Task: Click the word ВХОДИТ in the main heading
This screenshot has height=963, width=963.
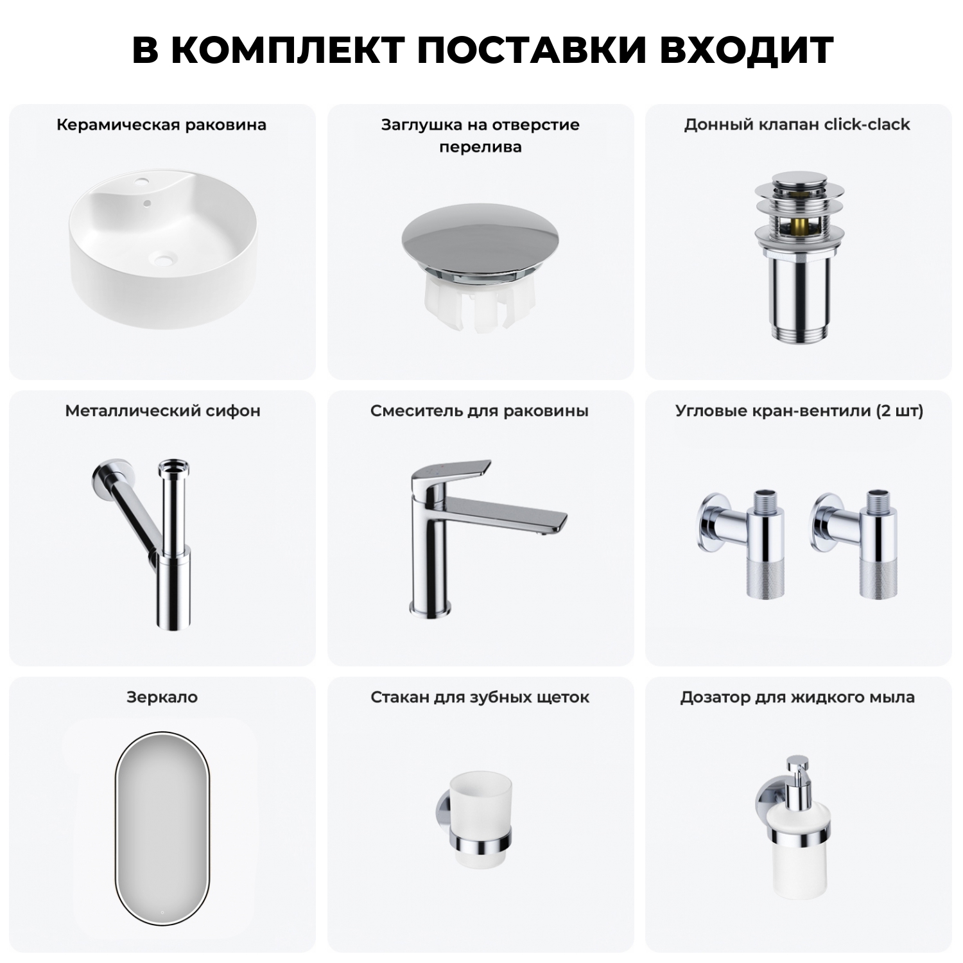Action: click(x=746, y=50)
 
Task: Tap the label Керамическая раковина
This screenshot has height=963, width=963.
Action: click(x=161, y=125)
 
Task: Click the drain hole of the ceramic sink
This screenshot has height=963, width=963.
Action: click(x=164, y=261)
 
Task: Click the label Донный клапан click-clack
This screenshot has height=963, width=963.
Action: click(x=797, y=125)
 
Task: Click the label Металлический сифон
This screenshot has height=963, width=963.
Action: click(x=162, y=411)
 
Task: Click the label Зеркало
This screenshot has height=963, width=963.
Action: click(x=162, y=697)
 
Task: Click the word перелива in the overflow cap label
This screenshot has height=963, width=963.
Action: click(x=480, y=147)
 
